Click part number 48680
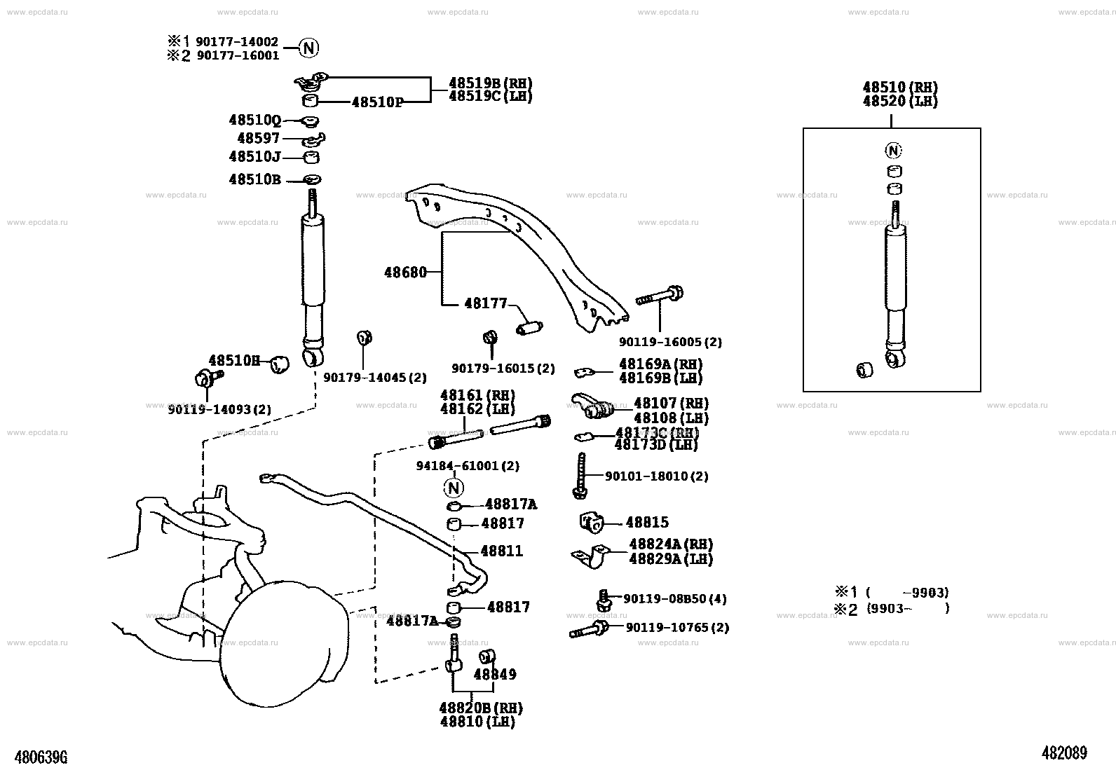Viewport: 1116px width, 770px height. pyautogui.click(x=406, y=273)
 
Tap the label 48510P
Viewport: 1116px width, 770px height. pyautogui.click(x=377, y=102)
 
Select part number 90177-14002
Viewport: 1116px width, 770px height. pyautogui.click(x=237, y=42)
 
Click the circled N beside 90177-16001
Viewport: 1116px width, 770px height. pyautogui.click(x=308, y=48)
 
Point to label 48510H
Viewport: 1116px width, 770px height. pyautogui.click(x=234, y=360)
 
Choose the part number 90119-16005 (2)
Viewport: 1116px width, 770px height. pyautogui.click(x=670, y=342)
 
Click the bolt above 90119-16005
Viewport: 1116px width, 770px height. pyautogui.click(x=660, y=295)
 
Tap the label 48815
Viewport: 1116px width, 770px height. pyautogui.click(x=647, y=522)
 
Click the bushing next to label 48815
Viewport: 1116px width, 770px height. pyautogui.click(x=592, y=523)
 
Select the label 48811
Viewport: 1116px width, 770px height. pyautogui.click(x=502, y=551)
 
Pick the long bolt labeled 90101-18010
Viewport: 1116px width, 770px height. pyautogui.click(x=580, y=476)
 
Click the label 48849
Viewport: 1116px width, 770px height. pyautogui.click(x=495, y=674)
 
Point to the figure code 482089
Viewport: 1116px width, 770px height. pyautogui.click(x=1064, y=752)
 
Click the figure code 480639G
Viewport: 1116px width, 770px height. pyautogui.click(x=41, y=757)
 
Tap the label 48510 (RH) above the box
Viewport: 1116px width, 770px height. pyautogui.click(x=900, y=87)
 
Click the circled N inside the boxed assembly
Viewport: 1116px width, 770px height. pyautogui.click(x=893, y=151)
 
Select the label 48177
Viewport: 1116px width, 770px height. pyautogui.click(x=485, y=303)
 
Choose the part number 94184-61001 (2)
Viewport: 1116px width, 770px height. pyautogui.click(x=468, y=466)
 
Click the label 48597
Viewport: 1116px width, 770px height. pyautogui.click(x=258, y=138)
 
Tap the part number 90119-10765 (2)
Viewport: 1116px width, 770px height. pyautogui.click(x=678, y=627)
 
